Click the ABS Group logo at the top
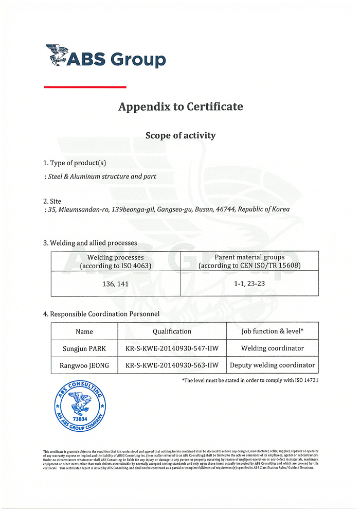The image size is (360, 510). coord(105,56)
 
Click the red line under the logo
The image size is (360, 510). coord(85,87)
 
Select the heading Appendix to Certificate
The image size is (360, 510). coord(181,107)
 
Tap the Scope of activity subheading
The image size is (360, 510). coord(181,136)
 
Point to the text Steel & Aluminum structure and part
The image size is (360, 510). coord(102,177)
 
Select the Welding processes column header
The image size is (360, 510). coord(116,261)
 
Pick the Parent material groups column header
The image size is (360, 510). coord(249,261)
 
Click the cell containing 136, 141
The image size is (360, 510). coord(116,284)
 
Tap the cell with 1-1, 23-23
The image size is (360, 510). coord(249,284)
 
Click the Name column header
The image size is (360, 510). coord(84,331)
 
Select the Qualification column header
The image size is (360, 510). coord(172,331)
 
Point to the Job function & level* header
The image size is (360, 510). coord(273,331)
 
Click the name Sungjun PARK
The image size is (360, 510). coord(84,348)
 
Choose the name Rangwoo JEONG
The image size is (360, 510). coord(84,365)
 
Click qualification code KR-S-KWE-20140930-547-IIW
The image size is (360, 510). coord(172,348)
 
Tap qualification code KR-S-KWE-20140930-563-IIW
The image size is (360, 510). coord(172,365)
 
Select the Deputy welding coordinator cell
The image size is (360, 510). coord(273,365)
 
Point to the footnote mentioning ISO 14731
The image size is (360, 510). coord(250,380)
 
